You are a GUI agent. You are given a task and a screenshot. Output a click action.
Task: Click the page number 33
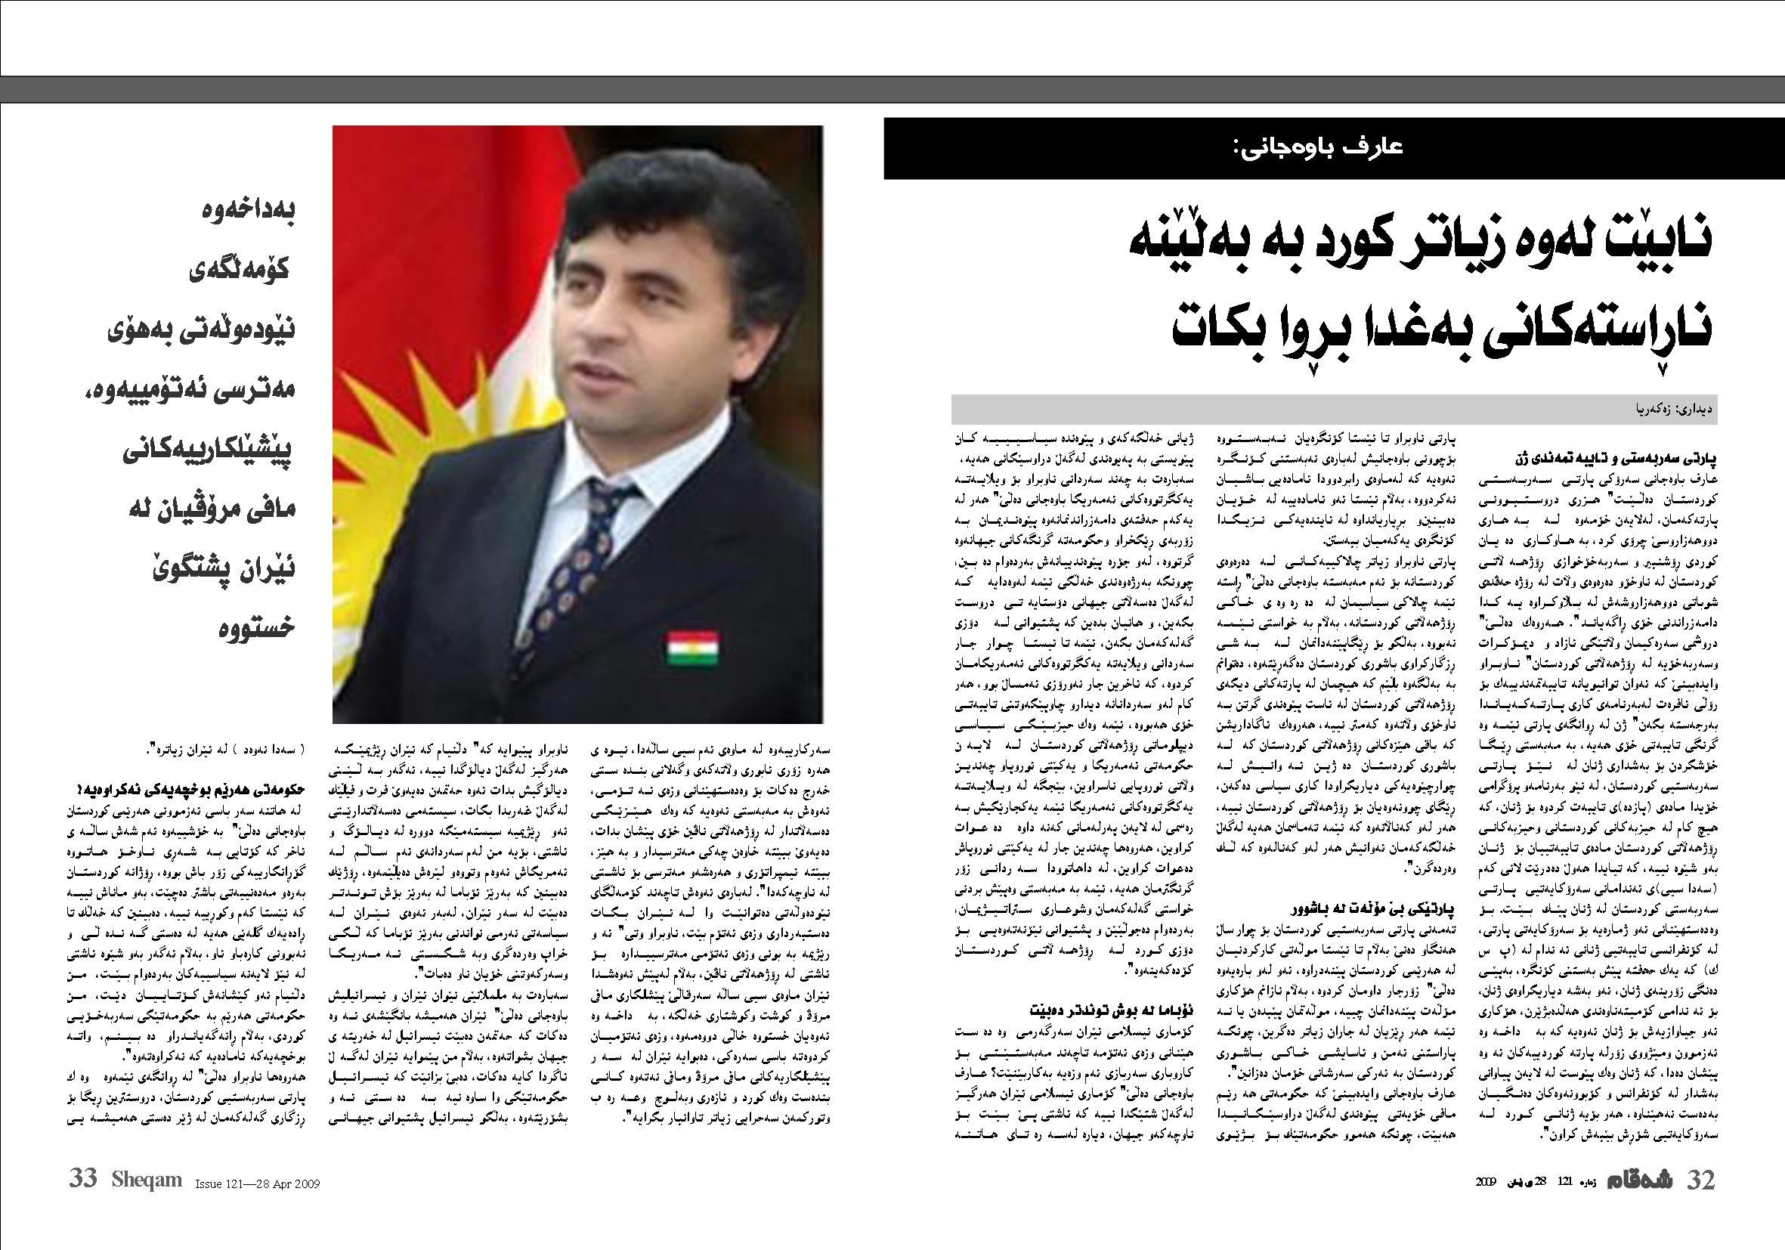click(x=83, y=1177)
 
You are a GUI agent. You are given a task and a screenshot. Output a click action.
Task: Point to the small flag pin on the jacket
click(x=693, y=647)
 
